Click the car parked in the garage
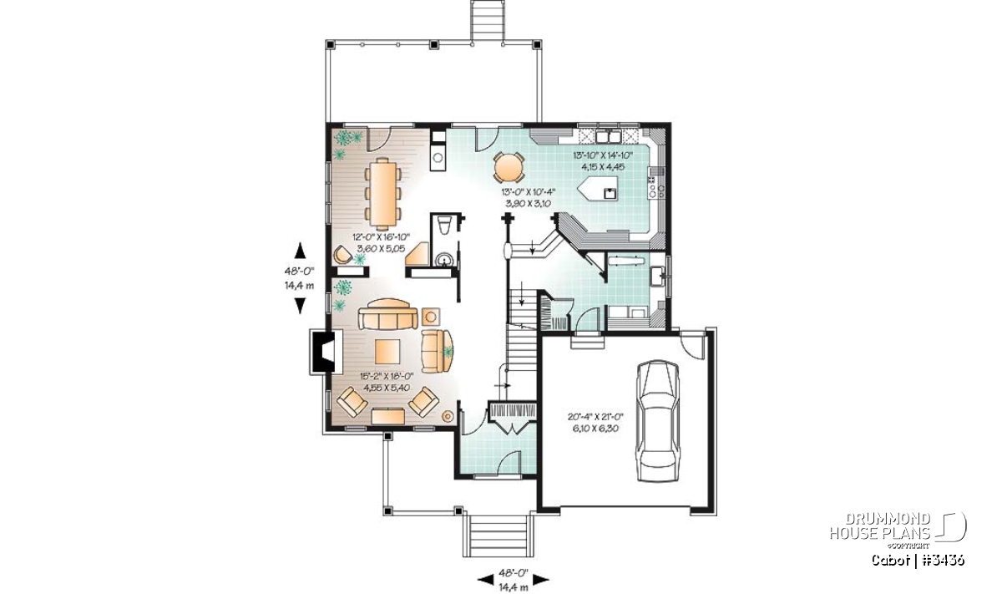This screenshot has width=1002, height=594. tap(658, 420)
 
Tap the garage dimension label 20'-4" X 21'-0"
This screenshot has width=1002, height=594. tap(595, 417)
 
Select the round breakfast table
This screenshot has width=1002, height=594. tap(508, 167)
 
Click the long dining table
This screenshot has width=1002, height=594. tap(382, 191)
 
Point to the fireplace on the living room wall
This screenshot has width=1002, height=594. tap(322, 351)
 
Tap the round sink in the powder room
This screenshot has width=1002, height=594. tap(443, 260)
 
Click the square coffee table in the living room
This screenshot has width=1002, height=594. tap(387, 352)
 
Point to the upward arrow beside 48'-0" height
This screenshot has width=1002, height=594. tap(300, 251)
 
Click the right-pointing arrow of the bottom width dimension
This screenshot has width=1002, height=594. tap(541, 580)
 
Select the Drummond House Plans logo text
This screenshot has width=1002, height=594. tap(880, 526)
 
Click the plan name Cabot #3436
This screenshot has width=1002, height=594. tap(918, 560)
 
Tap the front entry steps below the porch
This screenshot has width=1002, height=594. tap(496, 535)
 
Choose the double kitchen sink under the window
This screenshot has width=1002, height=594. tap(608, 135)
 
